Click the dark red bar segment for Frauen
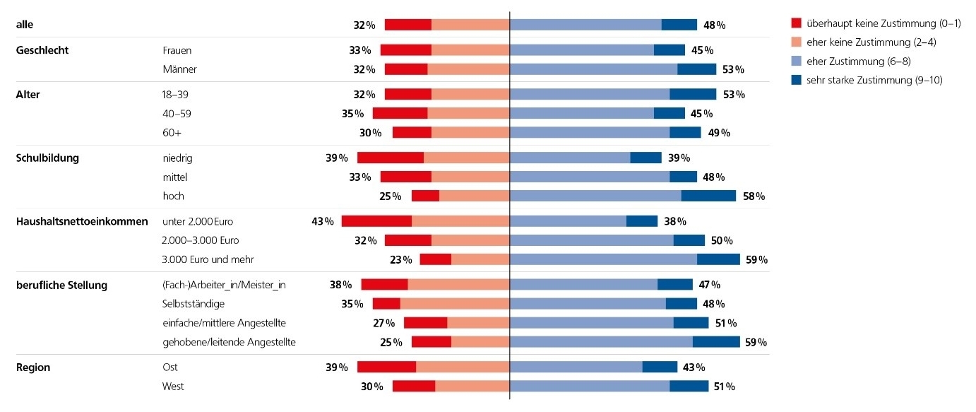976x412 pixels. tap(405, 50)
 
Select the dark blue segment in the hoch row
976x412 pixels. tap(708, 196)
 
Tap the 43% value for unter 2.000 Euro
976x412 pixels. tap(322, 221)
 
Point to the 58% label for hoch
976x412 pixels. tap(754, 196)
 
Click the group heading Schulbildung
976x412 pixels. tap(47, 158)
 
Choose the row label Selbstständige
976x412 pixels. tap(194, 304)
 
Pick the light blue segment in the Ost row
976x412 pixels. tap(576, 367)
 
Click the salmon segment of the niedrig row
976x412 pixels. tap(466, 158)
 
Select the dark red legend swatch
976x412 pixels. tap(797, 23)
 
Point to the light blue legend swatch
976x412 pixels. tap(797, 61)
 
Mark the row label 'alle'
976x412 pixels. tap(25, 25)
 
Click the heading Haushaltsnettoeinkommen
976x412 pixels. tap(82, 221)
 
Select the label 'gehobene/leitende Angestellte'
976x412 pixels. tap(229, 342)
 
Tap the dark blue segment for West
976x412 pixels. tap(689, 387)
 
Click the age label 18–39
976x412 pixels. tap(176, 94)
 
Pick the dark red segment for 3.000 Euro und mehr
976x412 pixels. tap(435, 259)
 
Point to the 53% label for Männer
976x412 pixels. tap(734, 69)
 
